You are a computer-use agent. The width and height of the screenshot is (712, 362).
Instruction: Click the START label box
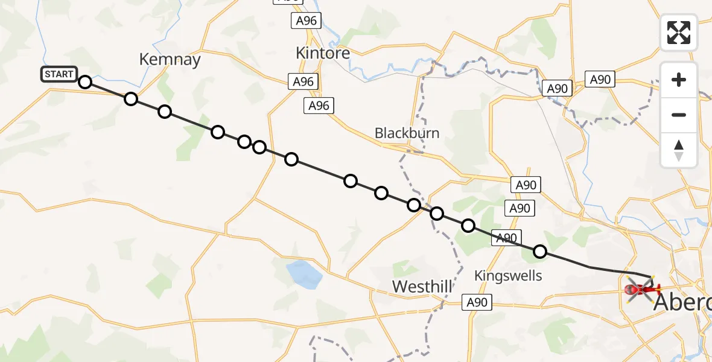tap(59, 74)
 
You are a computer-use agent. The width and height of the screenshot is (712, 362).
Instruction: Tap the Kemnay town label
tap(170, 59)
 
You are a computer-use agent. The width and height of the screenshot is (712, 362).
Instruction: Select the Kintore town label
tap(323, 53)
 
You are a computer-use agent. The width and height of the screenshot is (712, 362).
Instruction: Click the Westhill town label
tap(422, 286)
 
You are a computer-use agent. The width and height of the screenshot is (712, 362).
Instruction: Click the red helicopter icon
tap(640, 290)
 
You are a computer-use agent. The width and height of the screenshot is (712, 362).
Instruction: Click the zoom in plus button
tap(679, 80)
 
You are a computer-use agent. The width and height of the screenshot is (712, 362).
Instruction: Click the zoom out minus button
tap(679, 115)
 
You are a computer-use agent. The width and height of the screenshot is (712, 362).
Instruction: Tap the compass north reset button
tap(679, 150)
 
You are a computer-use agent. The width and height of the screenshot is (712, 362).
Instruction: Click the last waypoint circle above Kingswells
tap(540, 252)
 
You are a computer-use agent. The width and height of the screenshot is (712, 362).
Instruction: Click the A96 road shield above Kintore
tap(305, 21)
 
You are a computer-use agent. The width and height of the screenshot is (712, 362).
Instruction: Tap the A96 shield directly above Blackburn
tap(319, 106)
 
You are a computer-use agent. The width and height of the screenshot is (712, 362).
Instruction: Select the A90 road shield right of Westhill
tap(478, 302)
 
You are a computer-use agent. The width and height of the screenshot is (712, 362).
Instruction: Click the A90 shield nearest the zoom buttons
tap(600, 79)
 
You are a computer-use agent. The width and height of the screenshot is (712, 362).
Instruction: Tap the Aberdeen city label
tap(682, 302)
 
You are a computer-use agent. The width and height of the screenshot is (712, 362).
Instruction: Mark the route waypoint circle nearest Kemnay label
tap(131, 99)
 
